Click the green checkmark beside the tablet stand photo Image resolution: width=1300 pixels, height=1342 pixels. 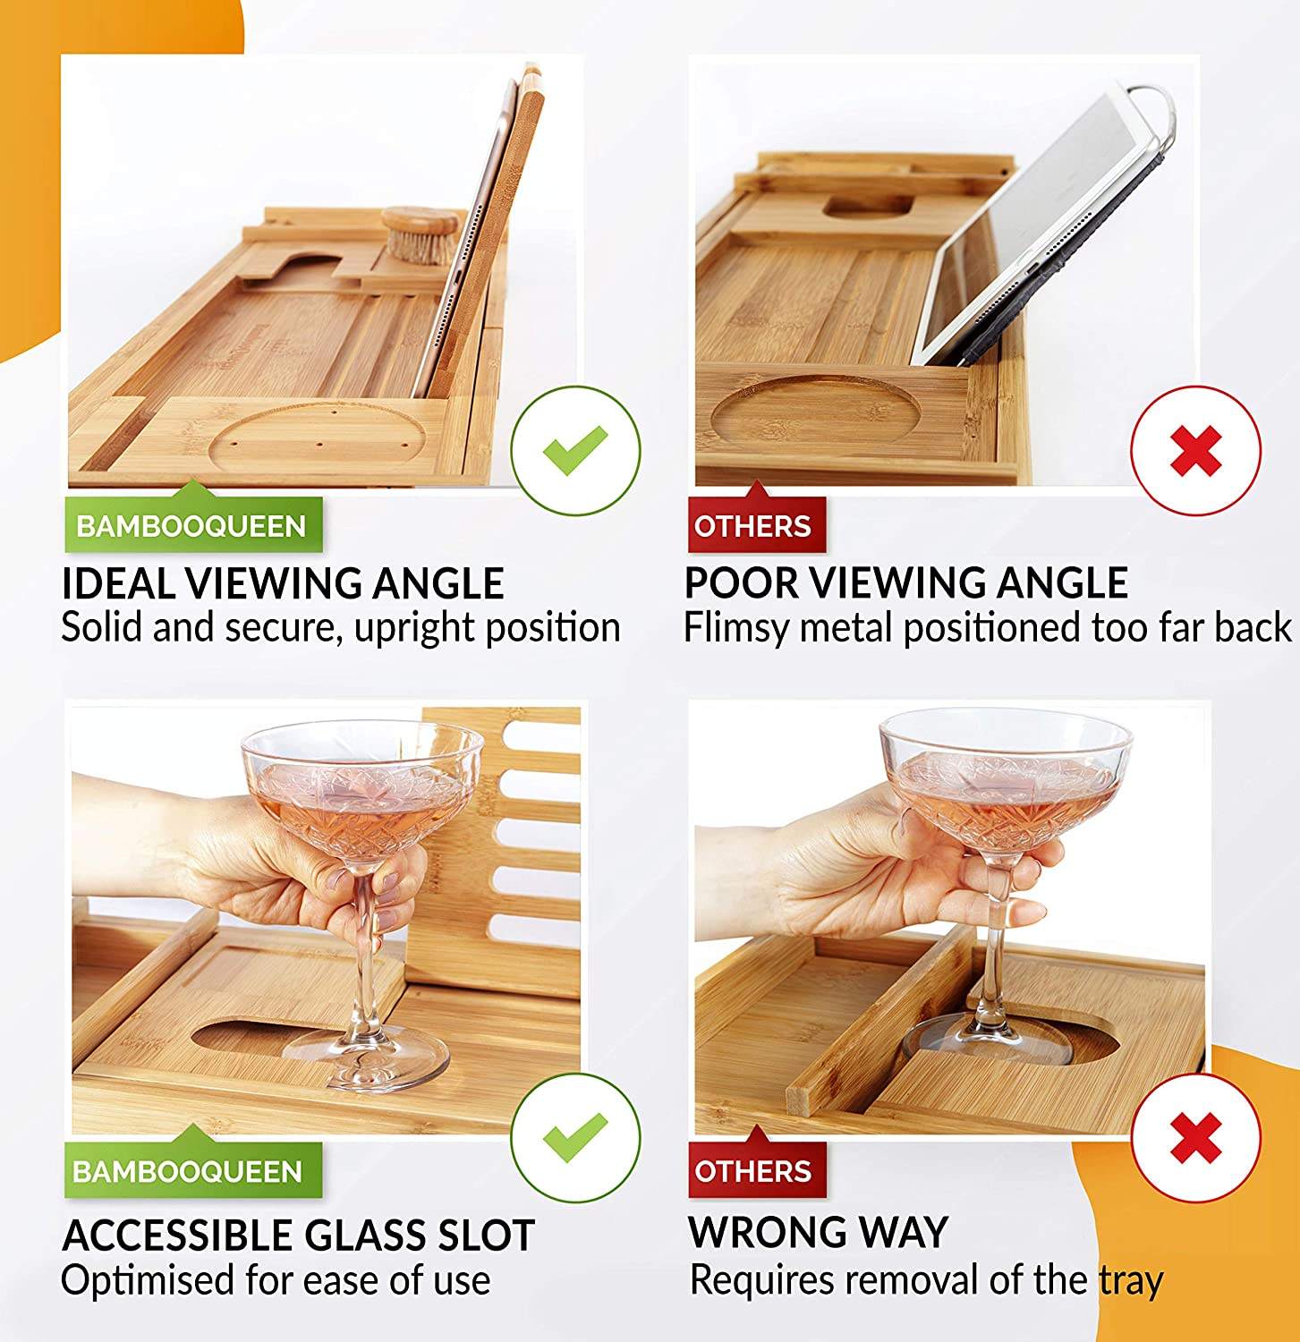[x=575, y=450]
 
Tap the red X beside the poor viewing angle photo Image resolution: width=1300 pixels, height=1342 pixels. [x=1196, y=451]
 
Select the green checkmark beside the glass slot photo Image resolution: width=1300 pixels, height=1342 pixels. [x=575, y=1136]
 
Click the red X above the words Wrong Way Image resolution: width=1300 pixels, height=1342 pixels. [x=1196, y=1138]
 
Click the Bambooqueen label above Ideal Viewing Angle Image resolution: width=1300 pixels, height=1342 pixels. [x=192, y=524]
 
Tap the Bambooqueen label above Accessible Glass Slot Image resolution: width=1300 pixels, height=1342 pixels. [x=191, y=1170]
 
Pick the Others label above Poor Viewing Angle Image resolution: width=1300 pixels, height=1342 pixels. [x=753, y=524]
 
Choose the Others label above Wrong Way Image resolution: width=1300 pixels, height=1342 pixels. [x=753, y=1170]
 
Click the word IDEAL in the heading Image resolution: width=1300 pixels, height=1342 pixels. [x=118, y=583]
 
